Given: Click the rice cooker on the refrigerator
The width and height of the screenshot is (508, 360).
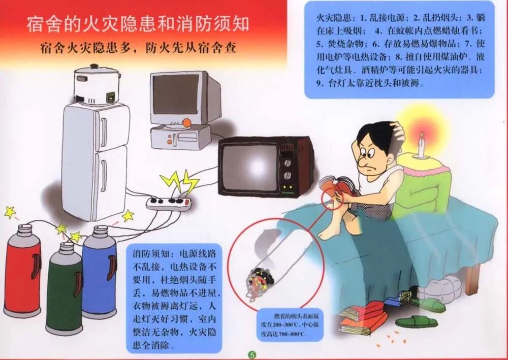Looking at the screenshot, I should (97, 84).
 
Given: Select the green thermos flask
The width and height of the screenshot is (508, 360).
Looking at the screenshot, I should (63, 287).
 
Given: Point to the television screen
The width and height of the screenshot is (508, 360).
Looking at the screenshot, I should (249, 167).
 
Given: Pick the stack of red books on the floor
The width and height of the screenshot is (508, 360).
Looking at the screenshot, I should (363, 317).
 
